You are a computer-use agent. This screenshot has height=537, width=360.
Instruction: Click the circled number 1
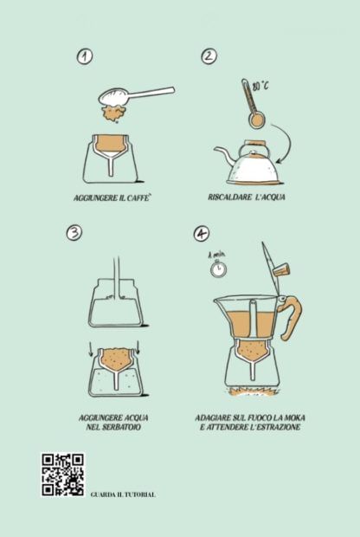click(x=85, y=56)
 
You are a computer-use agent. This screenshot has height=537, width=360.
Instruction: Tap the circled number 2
click(x=209, y=56)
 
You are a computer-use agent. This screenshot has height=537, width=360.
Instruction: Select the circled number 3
click(x=74, y=233)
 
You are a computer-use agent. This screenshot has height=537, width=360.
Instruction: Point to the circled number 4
click(x=202, y=234)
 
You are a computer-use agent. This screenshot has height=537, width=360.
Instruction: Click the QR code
click(x=62, y=475)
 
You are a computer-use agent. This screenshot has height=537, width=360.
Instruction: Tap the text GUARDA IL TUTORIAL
click(x=123, y=495)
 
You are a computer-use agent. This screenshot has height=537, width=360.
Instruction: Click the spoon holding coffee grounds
click(x=136, y=95)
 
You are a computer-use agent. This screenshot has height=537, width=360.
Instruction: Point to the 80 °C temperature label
click(x=261, y=86)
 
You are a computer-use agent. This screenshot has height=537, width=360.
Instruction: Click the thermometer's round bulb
click(x=256, y=120)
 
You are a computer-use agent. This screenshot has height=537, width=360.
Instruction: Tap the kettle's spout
click(x=224, y=154)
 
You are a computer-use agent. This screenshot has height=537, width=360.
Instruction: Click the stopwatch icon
click(x=218, y=268)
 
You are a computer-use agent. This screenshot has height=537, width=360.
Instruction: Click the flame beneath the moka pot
click(x=252, y=391)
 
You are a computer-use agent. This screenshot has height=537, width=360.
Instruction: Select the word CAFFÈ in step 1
click(x=139, y=197)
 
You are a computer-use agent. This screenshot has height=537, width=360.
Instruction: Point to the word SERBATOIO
click(x=122, y=427)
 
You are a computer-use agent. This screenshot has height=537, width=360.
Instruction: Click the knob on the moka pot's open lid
click(x=281, y=269)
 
